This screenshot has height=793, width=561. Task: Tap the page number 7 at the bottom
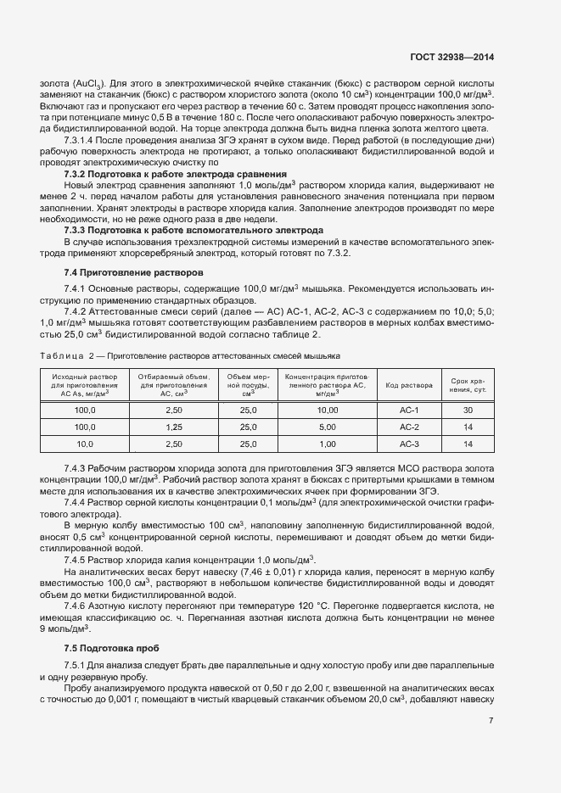click(491, 721)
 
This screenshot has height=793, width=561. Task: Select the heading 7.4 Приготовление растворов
click(133, 273)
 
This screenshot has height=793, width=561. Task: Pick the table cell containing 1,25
click(174, 426)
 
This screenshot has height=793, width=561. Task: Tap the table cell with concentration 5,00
click(328, 426)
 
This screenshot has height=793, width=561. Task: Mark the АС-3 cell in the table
click(410, 444)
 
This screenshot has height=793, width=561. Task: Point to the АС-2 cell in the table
click(410, 426)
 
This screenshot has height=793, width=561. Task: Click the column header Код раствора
click(410, 383)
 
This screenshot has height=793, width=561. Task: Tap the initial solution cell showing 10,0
click(85, 444)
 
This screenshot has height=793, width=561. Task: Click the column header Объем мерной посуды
click(249, 383)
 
